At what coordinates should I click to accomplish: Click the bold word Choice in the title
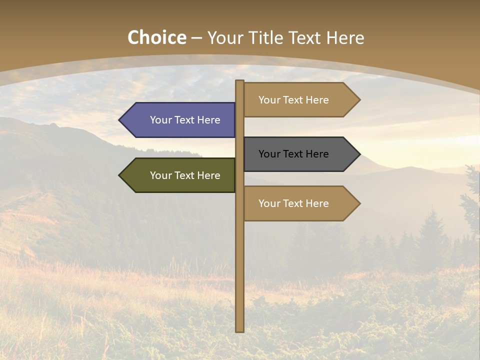(x=156, y=38)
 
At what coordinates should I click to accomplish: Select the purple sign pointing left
(x=180, y=120)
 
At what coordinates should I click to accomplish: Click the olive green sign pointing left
(x=180, y=175)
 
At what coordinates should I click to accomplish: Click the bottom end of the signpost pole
(x=239, y=330)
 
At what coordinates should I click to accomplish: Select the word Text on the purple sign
(x=185, y=120)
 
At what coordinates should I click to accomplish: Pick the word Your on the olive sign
(x=160, y=175)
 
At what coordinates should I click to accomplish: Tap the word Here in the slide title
(x=345, y=38)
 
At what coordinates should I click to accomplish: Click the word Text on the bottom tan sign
(x=293, y=203)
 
